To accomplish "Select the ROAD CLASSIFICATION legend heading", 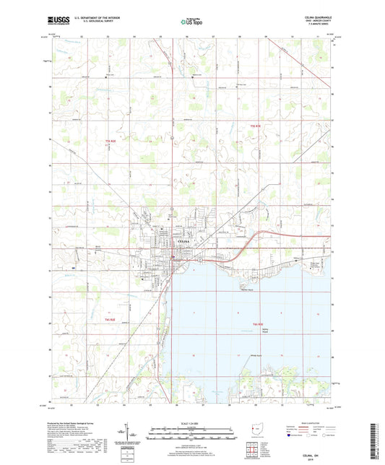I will [x=312, y=423].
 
